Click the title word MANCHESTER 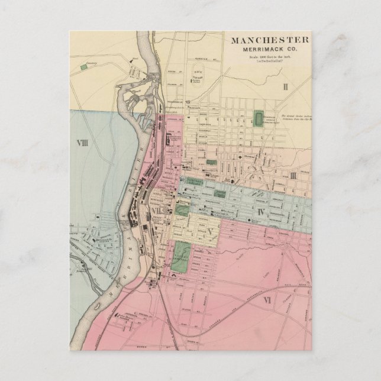point(269,41)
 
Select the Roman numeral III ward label point(292,175)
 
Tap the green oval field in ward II point(259,119)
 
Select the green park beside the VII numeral point(182,209)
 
